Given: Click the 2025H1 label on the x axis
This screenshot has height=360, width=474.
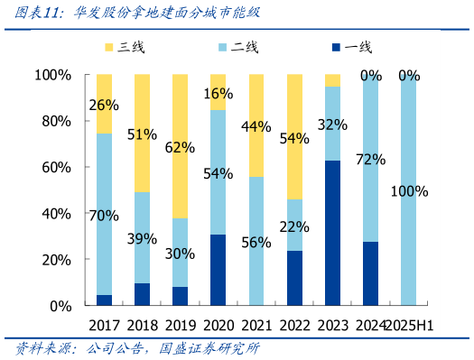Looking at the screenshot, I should (410, 325).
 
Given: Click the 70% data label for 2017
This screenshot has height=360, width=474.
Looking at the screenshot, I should (104, 215).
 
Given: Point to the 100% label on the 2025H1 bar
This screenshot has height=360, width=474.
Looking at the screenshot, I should (410, 191).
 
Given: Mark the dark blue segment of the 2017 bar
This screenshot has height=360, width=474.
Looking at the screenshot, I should (104, 300).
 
